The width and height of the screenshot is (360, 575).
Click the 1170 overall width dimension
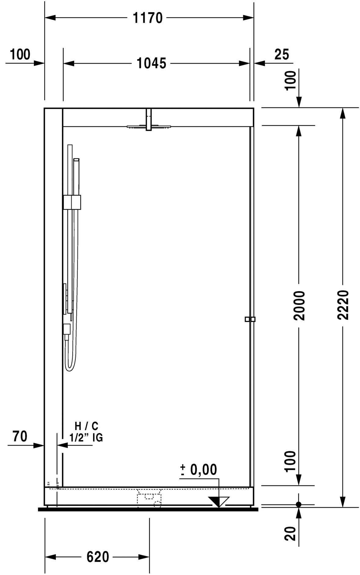(148, 18)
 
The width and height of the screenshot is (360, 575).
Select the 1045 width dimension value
(151, 63)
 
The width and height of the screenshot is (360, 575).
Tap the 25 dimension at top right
(282, 55)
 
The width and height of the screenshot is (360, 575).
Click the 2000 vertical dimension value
(299, 305)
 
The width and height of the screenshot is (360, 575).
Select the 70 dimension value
(20, 436)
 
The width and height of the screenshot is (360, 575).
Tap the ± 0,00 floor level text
(199, 470)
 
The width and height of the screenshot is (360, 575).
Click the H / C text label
(87, 426)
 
